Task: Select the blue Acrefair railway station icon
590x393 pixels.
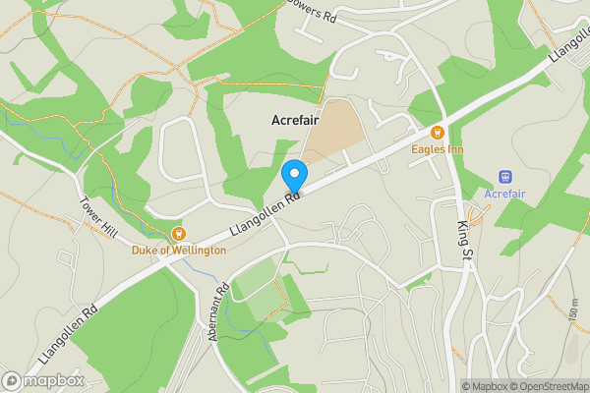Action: [505, 177]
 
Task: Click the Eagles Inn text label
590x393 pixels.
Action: [439, 149]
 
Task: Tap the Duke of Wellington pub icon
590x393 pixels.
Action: [179, 234]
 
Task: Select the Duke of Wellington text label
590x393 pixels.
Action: [179, 251]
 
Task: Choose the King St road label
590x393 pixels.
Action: [464, 241]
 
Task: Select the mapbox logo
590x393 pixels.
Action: [42, 380]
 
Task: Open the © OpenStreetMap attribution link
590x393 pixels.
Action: [548, 385]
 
